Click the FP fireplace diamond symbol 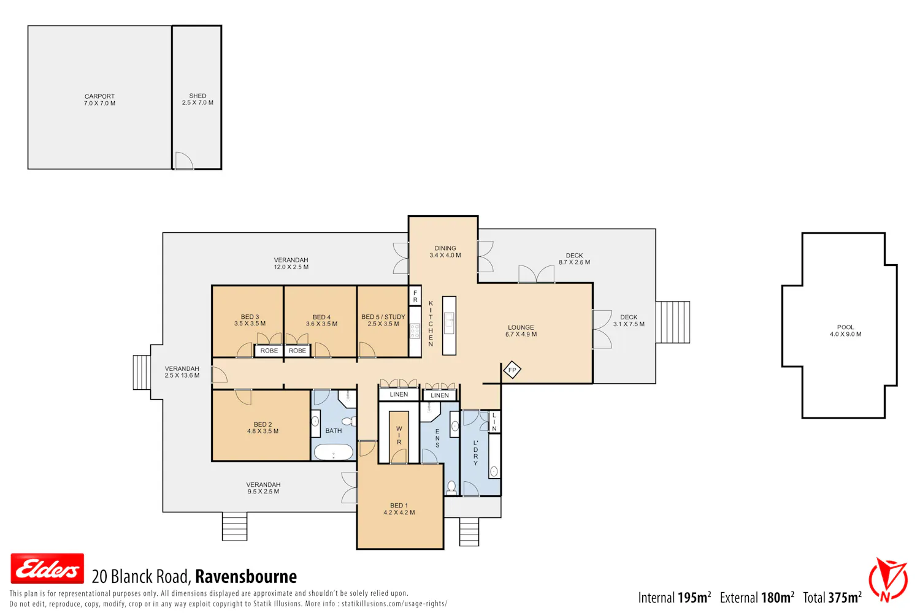click(512, 370)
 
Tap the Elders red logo click(47, 569)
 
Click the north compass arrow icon click(887, 580)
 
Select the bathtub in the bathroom click(333, 452)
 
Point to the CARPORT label click(99, 96)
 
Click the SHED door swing click(183, 161)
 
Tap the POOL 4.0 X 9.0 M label click(845, 330)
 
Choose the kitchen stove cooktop click(415, 331)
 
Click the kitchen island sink click(449, 320)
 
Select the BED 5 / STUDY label click(383, 317)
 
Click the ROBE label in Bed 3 click(269, 351)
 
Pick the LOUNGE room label click(521, 327)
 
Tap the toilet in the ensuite click(451, 487)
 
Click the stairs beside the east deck click(673, 322)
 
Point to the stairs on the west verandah click(142, 373)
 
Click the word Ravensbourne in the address click(245, 576)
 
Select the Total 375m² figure click(832, 598)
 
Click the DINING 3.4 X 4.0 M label click(445, 252)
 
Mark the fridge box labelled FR click(415, 296)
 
